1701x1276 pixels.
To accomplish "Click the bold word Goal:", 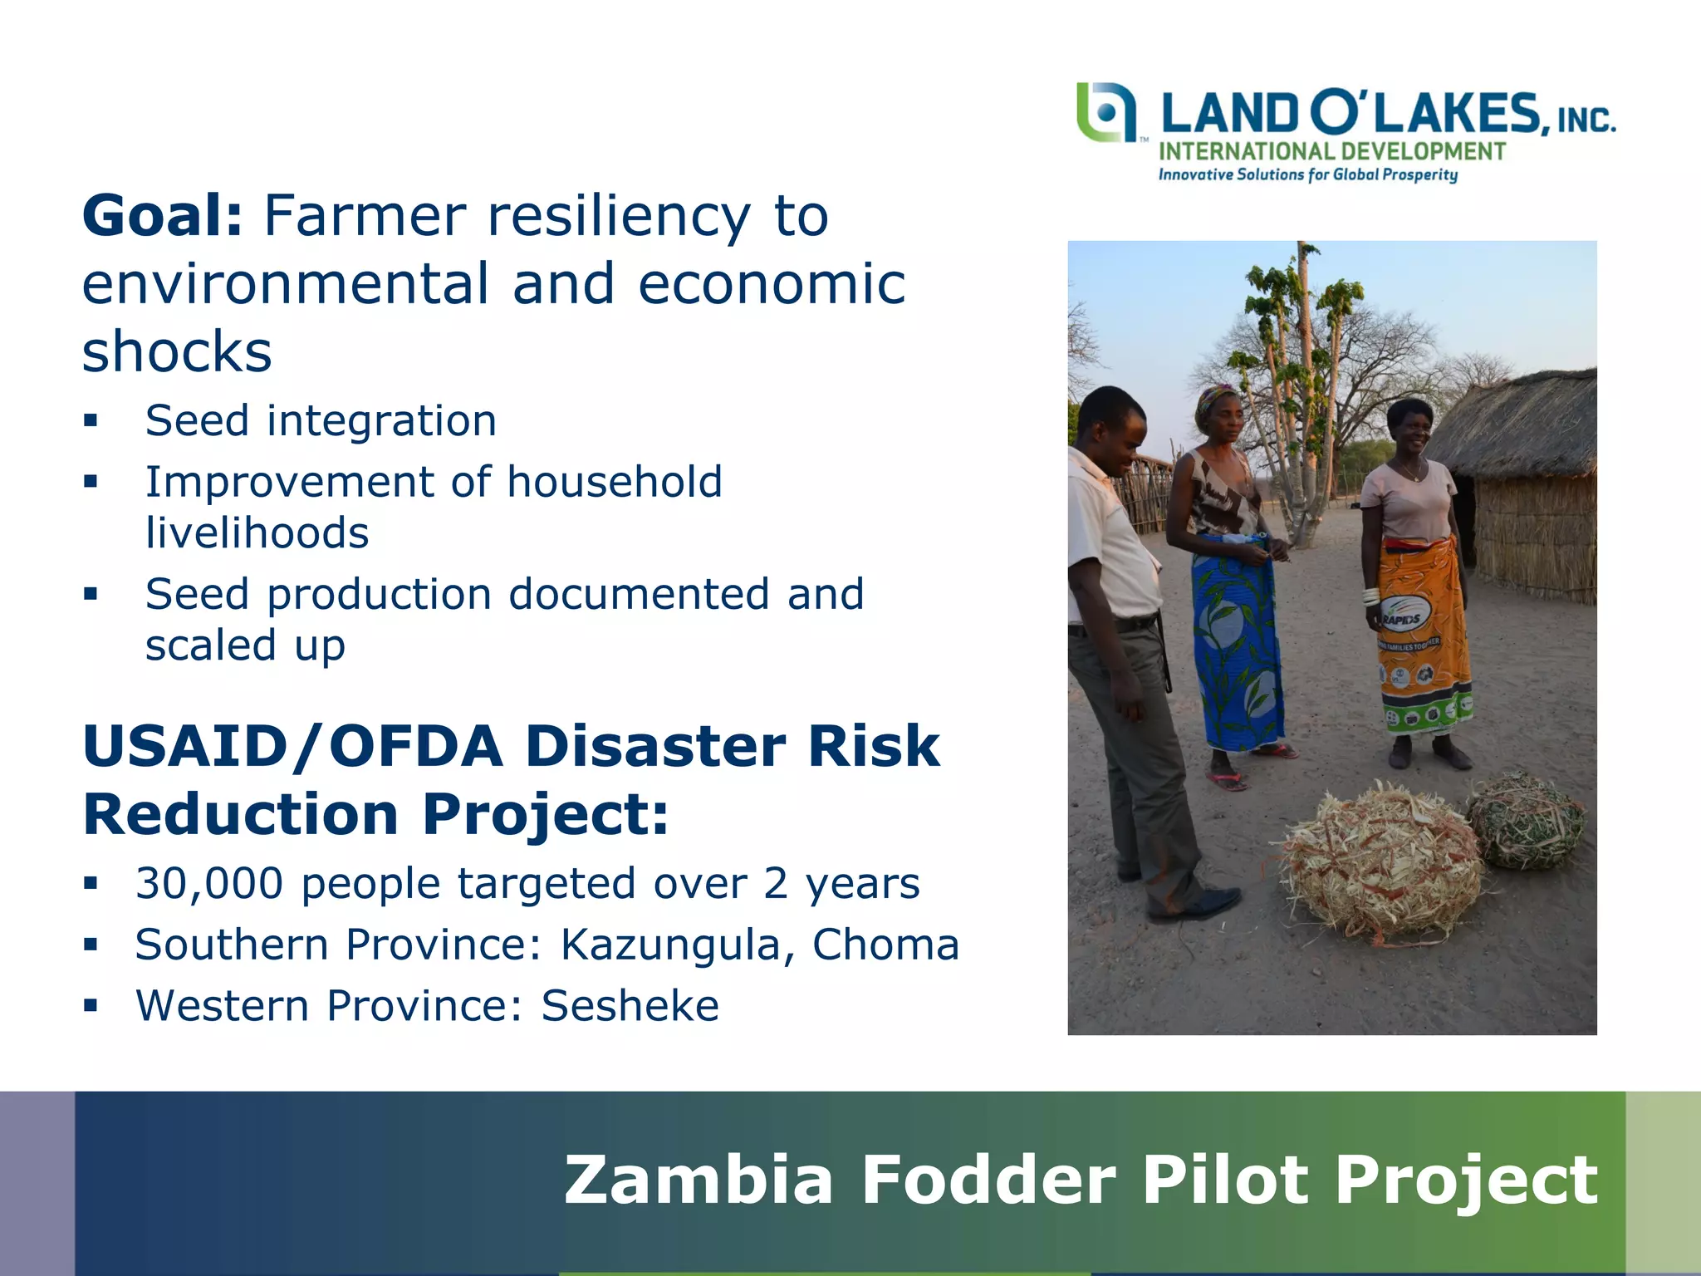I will point(162,217).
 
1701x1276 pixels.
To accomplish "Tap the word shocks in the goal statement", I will point(177,352).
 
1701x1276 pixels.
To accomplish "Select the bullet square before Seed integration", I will point(91,420).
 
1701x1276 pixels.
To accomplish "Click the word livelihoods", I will point(257,533).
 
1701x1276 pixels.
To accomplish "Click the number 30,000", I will point(209,884).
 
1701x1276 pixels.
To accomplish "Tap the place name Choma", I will point(885,945).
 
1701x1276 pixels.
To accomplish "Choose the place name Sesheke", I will point(630,1006).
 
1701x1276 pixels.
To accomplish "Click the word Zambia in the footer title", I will point(698,1180).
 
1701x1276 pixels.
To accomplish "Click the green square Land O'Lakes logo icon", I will point(1105,112).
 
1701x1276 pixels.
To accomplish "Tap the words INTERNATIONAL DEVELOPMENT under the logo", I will point(1331,152).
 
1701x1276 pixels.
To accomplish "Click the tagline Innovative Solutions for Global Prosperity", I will point(1308,174).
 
